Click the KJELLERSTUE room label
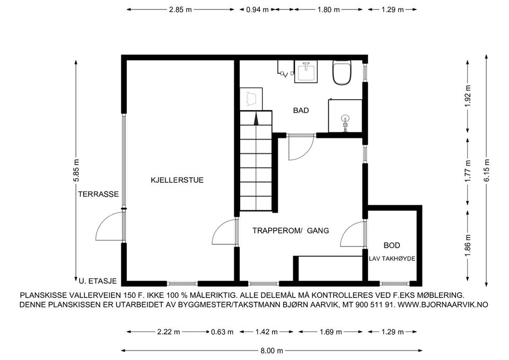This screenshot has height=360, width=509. [177, 180]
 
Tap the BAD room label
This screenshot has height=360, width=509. [301, 110]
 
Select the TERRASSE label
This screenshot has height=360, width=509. [99, 194]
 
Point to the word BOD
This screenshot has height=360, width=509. [392, 245]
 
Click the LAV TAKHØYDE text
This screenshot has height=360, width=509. [392, 259]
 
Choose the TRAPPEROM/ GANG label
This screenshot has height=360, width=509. [291, 231]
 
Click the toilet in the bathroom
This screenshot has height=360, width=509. [342, 73]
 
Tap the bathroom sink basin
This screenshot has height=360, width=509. [306, 72]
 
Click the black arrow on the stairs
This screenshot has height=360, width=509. [256, 118]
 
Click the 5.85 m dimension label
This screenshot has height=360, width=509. [76, 171]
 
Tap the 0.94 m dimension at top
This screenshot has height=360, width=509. [258, 10]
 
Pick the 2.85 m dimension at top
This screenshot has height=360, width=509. [180, 10]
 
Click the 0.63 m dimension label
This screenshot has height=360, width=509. [222, 332]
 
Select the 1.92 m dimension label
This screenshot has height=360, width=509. [468, 96]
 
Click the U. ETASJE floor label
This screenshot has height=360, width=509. [98, 281]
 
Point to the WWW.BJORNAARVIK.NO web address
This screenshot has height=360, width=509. [443, 305]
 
